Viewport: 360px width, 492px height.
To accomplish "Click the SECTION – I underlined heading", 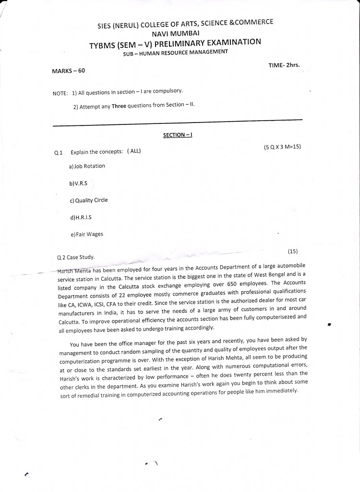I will point(178,135).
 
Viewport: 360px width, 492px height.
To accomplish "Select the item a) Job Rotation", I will point(87,166).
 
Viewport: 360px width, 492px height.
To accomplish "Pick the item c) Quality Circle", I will point(89,200).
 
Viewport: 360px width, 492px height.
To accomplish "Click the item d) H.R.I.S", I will point(81,218).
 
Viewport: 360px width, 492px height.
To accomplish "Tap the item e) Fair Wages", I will point(86,234).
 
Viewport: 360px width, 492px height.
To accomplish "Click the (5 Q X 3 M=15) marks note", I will point(282,147).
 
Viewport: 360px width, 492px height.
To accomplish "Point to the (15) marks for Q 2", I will point(293,251).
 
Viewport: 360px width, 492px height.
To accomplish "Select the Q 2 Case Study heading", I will point(76,257).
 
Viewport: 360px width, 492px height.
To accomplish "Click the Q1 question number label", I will point(59,153).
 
